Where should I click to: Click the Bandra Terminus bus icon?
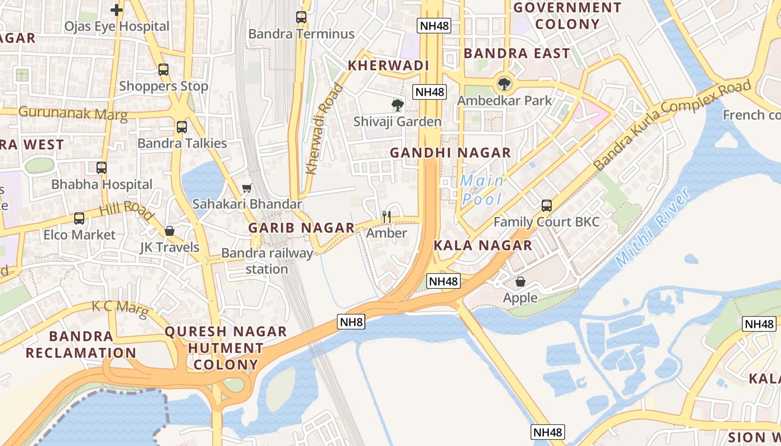(x=301, y=17)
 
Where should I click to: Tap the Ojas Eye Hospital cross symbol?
(x=116, y=9)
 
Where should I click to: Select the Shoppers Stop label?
(x=163, y=86)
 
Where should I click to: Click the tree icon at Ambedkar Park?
(x=504, y=84)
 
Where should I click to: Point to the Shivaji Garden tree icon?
(x=397, y=105)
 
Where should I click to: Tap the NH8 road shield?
(x=351, y=322)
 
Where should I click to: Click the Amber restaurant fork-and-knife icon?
(x=386, y=216)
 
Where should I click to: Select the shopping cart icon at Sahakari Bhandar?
(x=247, y=188)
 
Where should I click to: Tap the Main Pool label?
(x=482, y=190)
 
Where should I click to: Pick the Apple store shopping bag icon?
(x=520, y=282)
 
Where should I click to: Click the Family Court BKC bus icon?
(x=547, y=206)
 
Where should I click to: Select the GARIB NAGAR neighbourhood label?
(x=301, y=227)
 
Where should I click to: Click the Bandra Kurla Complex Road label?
(x=672, y=125)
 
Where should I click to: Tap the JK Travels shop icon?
(x=170, y=231)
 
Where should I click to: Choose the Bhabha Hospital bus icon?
(x=102, y=168)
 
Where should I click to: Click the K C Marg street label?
(x=120, y=309)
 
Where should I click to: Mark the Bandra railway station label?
(x=267, y=261)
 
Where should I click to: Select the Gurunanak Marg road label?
(x=73, y=113)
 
